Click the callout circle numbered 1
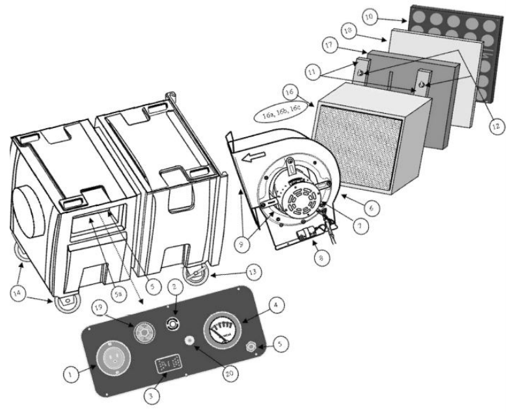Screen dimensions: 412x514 click(x=71, y=372)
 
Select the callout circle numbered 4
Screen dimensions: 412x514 click(x=277, y=303)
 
